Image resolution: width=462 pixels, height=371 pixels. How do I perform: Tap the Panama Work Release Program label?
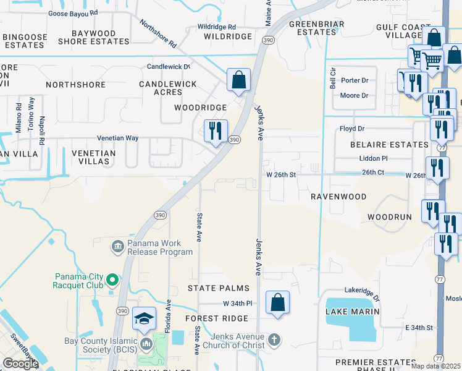pyautogui.click(x=160, y=247)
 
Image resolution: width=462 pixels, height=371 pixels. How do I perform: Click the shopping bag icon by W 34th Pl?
pyautogui.click(x=278, y=303)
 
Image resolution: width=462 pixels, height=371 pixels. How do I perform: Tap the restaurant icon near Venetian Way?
pyautogui.click(x=216, y=131)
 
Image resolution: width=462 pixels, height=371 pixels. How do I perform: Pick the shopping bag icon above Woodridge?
pyautogui.click(x=238, y=80)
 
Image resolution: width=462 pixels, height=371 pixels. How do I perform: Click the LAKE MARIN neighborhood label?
pyautogui.click(x=352, y=312)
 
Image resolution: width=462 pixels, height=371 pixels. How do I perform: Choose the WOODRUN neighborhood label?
pyautogui.click(x=389, y=218)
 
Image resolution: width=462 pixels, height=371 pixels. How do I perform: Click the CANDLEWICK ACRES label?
pyautogui.click(x=167, y=88)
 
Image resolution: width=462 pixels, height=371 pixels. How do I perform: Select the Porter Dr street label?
pyautogui.click(x=354, y=80)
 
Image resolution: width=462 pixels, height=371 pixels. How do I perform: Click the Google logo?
pyautogui.click(x=20, y=364)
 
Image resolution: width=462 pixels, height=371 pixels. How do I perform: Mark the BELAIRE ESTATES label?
pyautogui.click(x=390, y=144)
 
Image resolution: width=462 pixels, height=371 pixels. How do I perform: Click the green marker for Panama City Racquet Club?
pyautogui.click(x=112, y=281)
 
